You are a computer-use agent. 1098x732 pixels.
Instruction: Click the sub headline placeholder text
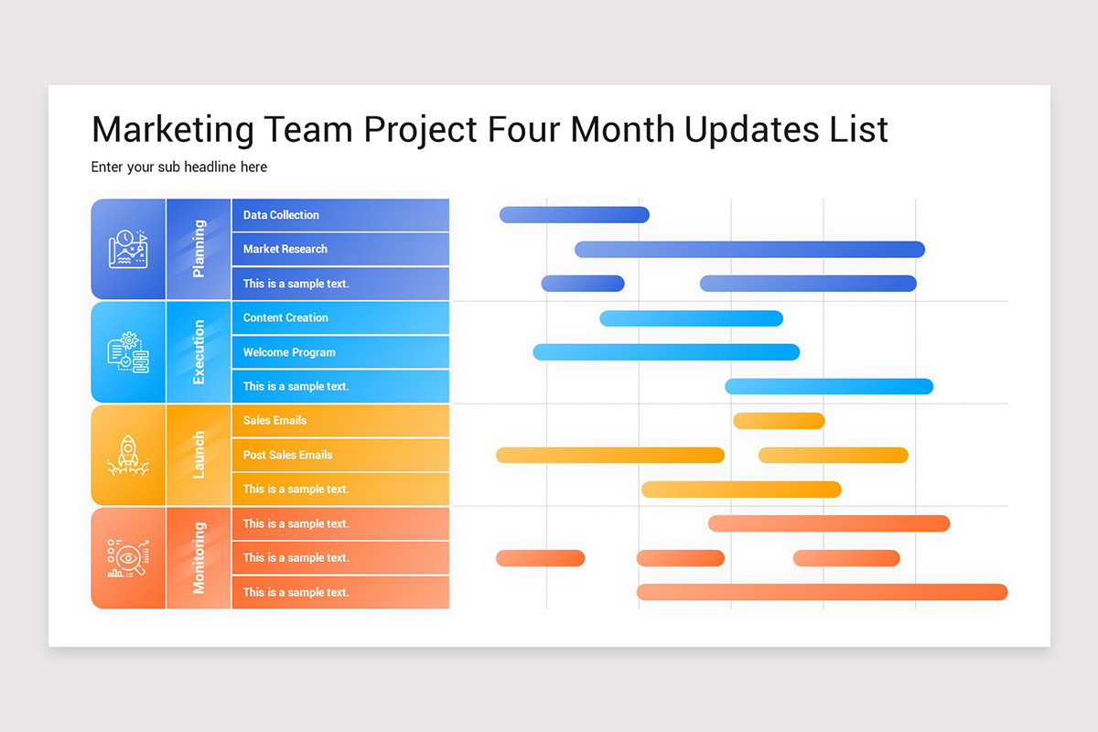point(179,167)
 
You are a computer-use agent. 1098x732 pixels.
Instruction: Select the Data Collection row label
point(281,215)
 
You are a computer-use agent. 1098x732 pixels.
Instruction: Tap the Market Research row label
point(285,249)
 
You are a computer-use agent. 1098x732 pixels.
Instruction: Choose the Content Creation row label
point(285,318)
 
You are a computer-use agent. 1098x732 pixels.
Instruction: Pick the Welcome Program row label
point(289,352)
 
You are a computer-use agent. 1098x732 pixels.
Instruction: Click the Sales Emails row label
point(274,421)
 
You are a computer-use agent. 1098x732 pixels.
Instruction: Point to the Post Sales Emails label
point(287,455)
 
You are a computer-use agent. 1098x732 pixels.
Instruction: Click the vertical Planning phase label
point(199,249)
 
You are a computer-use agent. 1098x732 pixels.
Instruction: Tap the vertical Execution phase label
point(199,352)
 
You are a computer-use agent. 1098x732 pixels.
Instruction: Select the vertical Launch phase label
point(199,455)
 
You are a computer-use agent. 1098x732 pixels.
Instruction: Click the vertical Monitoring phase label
point(199,558)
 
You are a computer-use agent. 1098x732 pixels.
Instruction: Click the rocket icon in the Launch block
point(128,455)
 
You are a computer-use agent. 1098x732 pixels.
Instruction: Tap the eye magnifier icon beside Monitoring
point(128,558)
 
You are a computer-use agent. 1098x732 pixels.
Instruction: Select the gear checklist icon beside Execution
point(128,352)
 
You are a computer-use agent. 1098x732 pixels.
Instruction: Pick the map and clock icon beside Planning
point(128,249)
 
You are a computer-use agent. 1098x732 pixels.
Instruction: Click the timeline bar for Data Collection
point(574,215)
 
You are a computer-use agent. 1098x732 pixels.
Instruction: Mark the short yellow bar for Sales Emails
point(779,421)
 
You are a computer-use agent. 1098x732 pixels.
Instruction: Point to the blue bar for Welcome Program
point(666,352)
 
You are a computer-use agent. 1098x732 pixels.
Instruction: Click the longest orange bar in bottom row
point(822,592)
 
